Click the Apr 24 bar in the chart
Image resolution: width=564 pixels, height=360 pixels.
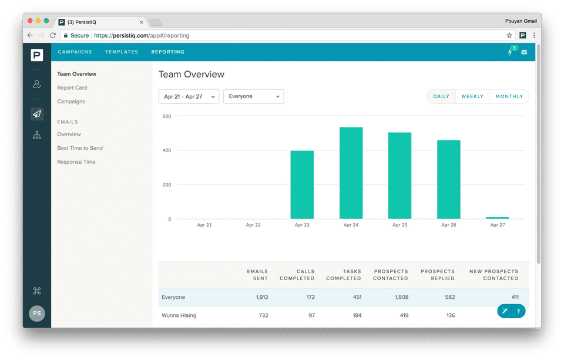point(351,173)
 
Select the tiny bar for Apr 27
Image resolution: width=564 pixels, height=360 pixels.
point(497,218)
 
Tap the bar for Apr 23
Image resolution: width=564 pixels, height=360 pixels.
point(302,185)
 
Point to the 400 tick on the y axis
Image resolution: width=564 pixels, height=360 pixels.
point(167,150)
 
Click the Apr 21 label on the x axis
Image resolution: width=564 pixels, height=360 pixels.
point(204,225)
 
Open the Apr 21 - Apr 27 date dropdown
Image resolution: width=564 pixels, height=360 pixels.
point(189,96)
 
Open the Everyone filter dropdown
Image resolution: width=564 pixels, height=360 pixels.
point(253,96)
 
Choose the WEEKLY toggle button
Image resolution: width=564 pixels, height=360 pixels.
point(472,96)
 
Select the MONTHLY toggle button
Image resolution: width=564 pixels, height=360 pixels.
point(509,96)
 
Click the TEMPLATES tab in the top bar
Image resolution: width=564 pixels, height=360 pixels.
point(122,52)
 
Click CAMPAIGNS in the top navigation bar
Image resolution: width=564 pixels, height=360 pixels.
point(75,52)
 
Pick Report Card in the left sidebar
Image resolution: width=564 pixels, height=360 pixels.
point(72,88)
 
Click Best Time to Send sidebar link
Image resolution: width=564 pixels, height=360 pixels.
point(80,148)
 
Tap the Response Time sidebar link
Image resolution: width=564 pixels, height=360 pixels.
point(76,162)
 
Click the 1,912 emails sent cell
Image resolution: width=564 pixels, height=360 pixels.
point(262,297)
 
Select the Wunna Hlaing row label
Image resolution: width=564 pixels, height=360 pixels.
point(179,315)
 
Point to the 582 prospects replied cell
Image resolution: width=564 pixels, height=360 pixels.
point(450,297)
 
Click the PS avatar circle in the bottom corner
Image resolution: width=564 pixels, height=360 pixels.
point(37,314)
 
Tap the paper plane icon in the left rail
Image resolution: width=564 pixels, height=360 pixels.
point(37,114)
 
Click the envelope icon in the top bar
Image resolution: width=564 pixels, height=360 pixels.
point(524,52)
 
